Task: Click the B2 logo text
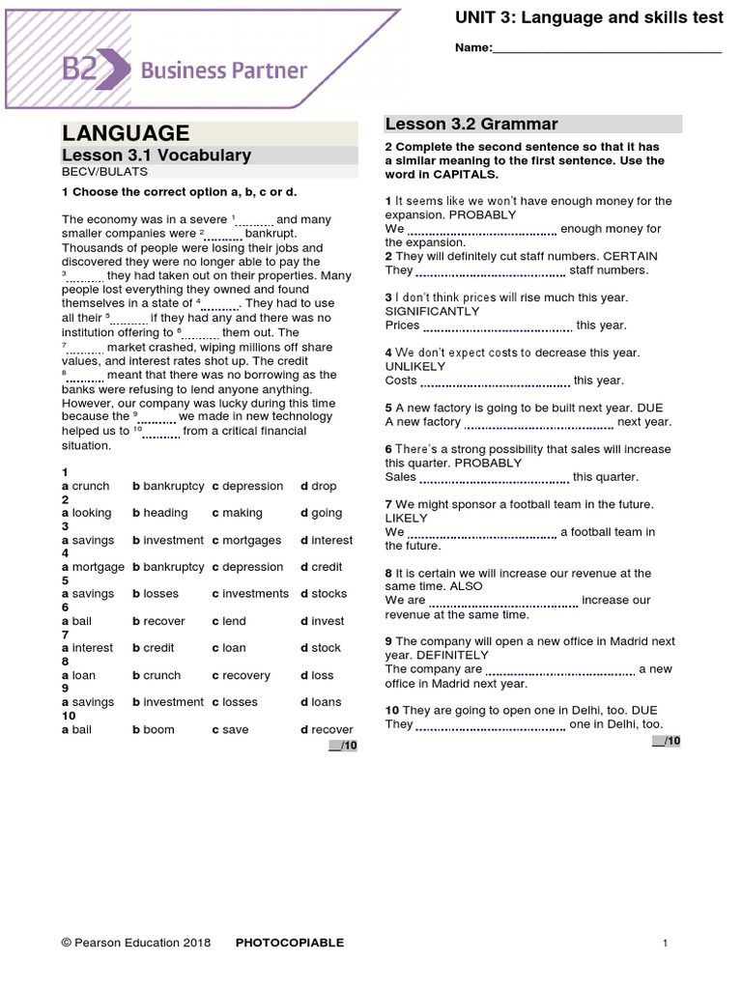tap(81, 70)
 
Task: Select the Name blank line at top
tap(607, 49)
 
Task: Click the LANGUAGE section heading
tap(126, 133)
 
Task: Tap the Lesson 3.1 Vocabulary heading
tap(157, 155)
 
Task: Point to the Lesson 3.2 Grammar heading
tap(471, 124)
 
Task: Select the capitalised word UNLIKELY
tap(415, 367)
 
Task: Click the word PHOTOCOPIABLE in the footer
tap(290, 943)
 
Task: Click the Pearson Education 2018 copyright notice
tap(135, 943)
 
